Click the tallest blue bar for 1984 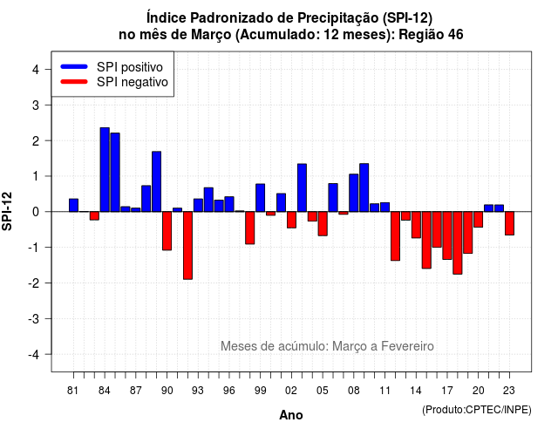coord(105,169)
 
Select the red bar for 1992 coord(187,246)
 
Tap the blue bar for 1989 coord(157,181)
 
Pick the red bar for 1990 coord(167,231)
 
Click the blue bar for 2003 coord(302,188)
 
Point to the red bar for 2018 coord(458,242)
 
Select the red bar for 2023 coord(509,223)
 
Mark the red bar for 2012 coord(395,236)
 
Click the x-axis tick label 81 coord(72,391)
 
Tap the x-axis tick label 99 coord(260,391)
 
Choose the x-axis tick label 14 coord(416,391)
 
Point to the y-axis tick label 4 coord(36,70)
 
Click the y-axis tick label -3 coord(33,318)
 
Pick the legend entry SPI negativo coord(114,82)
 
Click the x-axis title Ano coord(291,415)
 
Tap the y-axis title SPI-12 coord(7,211)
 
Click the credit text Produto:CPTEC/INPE coord(477,410)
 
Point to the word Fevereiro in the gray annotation coord(407,346)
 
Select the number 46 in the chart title coord(455,35)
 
